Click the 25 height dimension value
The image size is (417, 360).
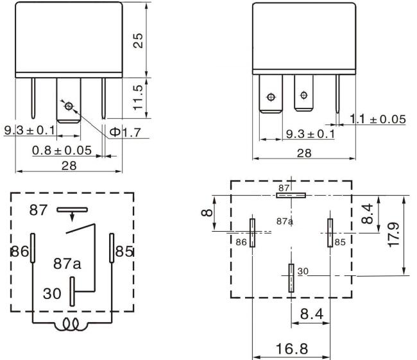(138, 40)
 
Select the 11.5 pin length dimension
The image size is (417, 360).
(138, 98)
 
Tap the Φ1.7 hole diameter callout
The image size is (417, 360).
(125, 132)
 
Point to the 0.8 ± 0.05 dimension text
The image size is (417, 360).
(62, 151)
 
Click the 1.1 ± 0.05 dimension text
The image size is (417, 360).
(378, 119)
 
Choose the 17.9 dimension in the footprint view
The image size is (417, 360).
(394, 235)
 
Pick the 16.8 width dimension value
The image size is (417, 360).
(292, 348)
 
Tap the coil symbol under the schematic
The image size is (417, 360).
(71, 324)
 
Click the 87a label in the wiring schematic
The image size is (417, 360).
(67, 263)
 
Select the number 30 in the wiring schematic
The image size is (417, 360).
(52, 293)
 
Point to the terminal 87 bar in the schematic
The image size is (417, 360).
(72, 210)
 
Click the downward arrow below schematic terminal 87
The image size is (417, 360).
(72, 217)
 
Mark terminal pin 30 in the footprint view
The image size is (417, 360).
(291, 278)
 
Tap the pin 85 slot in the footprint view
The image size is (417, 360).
(330, 232)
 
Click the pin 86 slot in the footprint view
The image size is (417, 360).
(252, 232)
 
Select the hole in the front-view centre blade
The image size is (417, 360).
(69, 106)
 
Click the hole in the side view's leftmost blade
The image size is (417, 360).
(271, 97)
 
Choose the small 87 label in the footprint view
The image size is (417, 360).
(284, 188)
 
